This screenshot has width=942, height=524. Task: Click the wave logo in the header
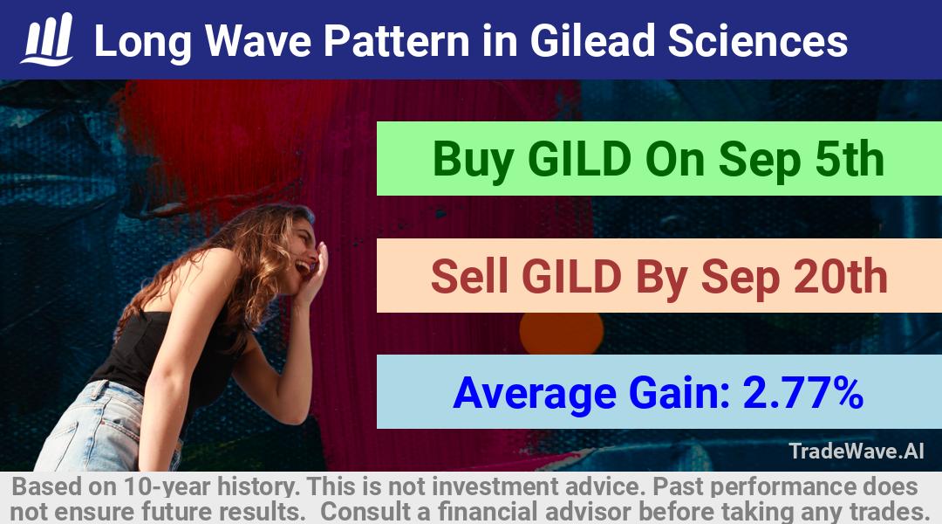click(x=47, y=39)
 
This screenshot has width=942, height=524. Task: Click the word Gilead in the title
click(x=591, y=41)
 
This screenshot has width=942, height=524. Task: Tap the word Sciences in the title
click(x=758, y=41)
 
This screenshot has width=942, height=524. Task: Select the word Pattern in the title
click(x=397, y=41)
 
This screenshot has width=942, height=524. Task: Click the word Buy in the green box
click(x=473, y=160)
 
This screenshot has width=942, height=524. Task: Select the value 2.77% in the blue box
click(x=803, y=393)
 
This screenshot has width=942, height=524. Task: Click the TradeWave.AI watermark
click(x=857, y=451)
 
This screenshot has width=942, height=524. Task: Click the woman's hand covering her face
click(x=315, y=272)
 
